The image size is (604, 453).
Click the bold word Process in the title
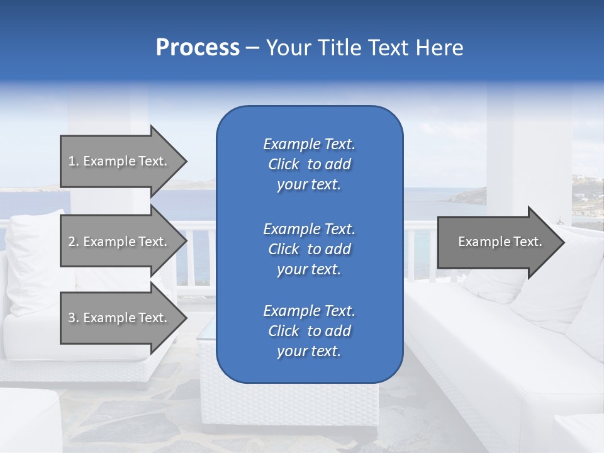[x=198, y=48]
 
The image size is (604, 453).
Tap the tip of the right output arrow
[x=563, y=242]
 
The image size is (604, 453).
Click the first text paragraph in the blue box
[x=309, y=164]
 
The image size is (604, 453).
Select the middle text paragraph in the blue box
[x=309, y=249]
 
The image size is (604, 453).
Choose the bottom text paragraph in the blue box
[x=309, y=331]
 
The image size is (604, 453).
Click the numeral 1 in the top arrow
[x=72, y=161]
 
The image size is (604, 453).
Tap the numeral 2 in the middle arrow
[x=72, y=242]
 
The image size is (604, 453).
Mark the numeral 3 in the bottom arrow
[x=72, y=318]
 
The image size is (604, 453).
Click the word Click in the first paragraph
[x=284, y=164]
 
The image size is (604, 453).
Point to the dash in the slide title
[x=253, y=48]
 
